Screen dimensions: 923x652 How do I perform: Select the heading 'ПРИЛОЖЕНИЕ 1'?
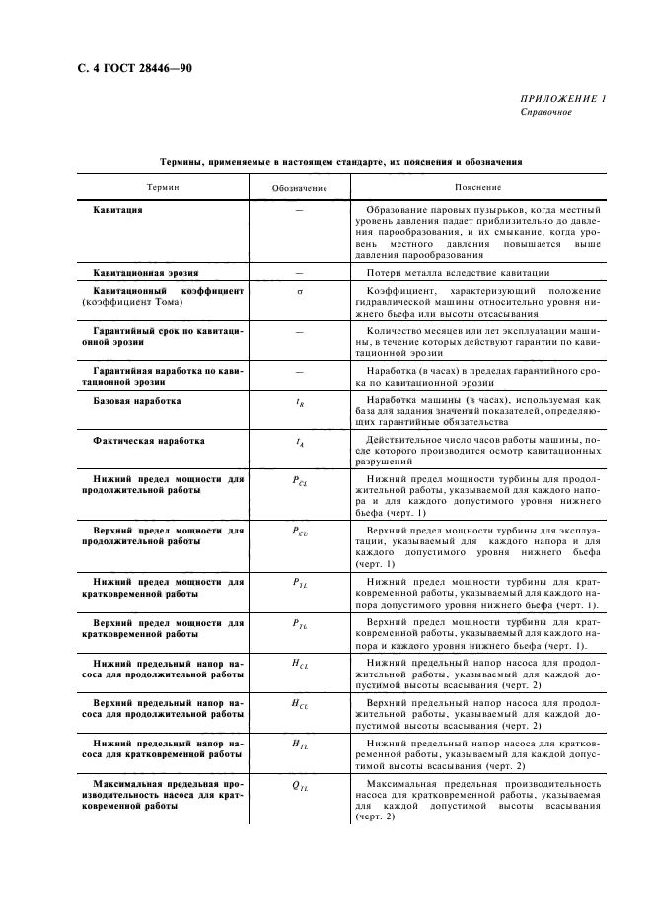564,99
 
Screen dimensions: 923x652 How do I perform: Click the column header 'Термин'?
163,186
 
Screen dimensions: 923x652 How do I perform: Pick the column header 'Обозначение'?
298,187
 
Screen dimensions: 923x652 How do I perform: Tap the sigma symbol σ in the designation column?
298,292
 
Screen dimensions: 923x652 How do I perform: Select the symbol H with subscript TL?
299,745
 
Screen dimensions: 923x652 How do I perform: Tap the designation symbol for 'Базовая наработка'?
299,403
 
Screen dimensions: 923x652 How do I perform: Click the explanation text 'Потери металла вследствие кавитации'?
458,272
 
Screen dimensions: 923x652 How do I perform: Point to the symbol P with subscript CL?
299,480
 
